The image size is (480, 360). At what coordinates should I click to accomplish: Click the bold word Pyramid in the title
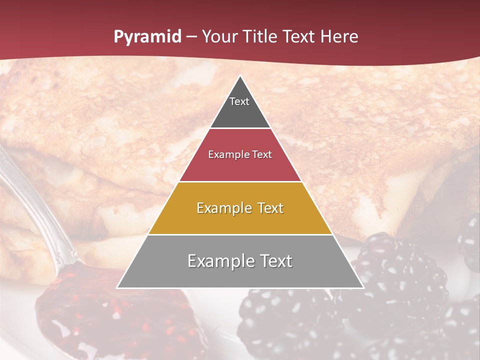pos(147,37)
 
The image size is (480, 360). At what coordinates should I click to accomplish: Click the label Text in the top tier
pos(239,101)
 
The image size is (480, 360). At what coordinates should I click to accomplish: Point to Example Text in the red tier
pos(240,154)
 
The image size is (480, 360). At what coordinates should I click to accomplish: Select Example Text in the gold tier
pos(240,208)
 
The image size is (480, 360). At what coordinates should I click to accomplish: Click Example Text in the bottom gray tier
pos(240,261)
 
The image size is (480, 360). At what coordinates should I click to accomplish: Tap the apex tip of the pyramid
pos(240,76)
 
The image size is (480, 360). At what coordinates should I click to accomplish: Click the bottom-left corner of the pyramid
pos(118,287)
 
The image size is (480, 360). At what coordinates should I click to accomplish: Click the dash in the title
pos(191,37)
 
